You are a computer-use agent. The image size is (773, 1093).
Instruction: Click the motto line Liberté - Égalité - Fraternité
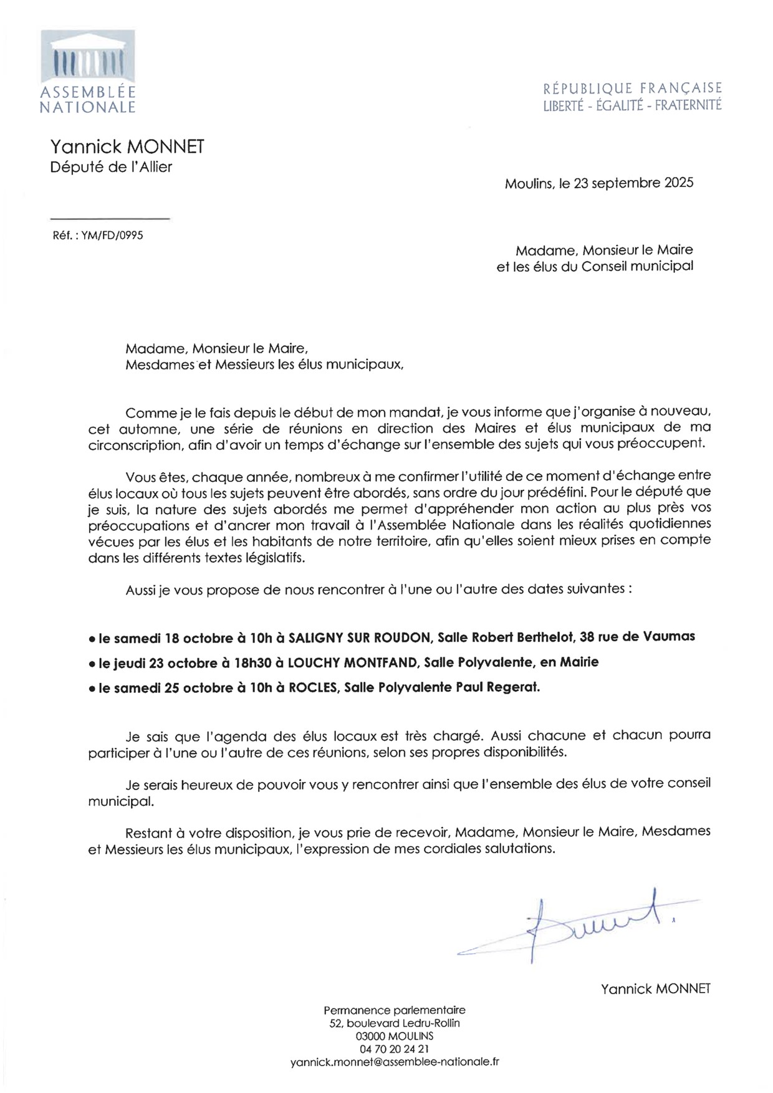coord(632,105)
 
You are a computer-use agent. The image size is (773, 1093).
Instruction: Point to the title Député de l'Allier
coord(111,167)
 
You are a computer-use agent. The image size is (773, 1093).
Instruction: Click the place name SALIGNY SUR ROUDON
coord(360,637)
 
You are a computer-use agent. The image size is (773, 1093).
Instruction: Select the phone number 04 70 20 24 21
coord(395,1049)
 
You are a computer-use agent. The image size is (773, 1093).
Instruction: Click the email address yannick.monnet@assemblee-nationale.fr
coord(395,1062)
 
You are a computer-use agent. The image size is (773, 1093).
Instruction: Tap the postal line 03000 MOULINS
coord(395,1036)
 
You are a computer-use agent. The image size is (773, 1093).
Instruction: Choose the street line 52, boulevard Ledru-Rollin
coord(395,1023)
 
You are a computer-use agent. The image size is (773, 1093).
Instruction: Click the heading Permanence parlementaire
coord(395,1010)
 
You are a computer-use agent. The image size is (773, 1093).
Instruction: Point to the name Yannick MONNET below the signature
coord(655,989)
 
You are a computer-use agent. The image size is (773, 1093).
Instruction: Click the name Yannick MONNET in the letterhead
coord(127,147)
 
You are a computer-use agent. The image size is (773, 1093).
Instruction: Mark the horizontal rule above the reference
coord(109,219)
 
